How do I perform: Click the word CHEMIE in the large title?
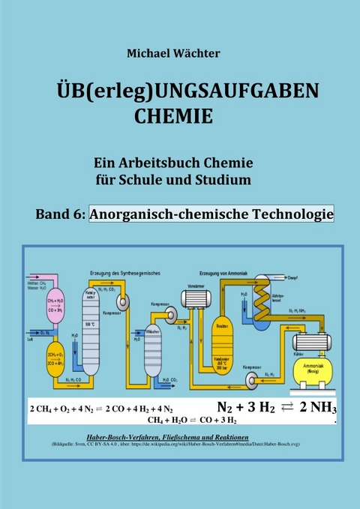[x=172, y=117]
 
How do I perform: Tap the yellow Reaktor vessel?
[x=221, y=331]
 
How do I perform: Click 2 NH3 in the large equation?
[x=319, y=408]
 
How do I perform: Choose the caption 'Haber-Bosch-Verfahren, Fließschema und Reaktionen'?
[x=178, y=436]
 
